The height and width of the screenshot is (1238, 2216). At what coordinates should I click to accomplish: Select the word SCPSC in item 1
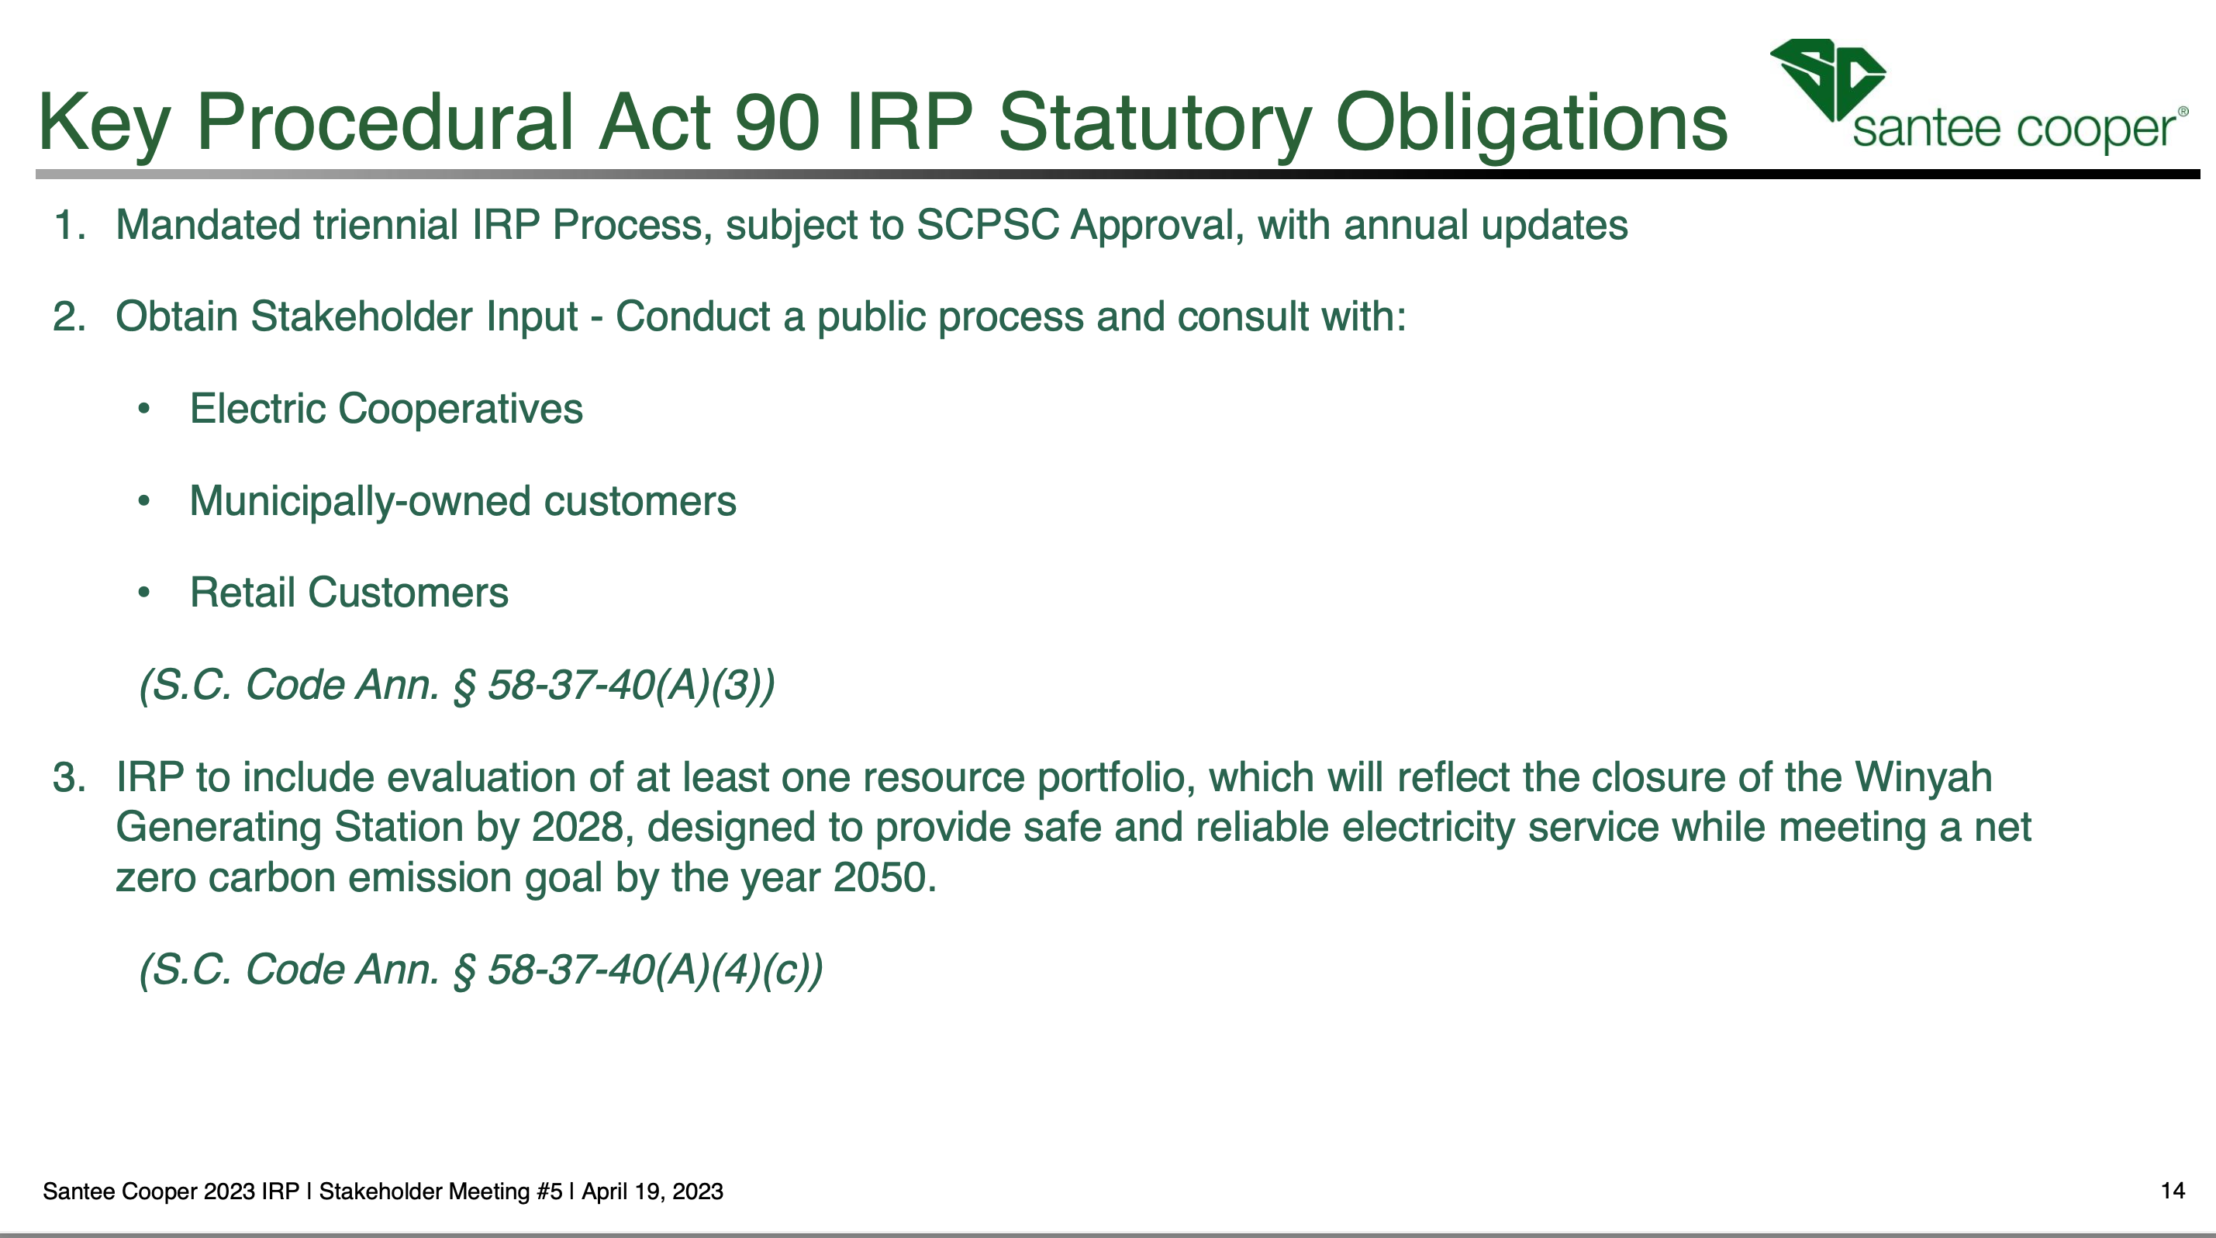(988, 226)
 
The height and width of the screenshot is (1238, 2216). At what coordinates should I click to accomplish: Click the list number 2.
(69, 316)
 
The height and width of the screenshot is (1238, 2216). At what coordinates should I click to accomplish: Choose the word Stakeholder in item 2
(413, 316)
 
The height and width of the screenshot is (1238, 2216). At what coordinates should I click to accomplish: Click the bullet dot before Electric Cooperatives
(143, 410)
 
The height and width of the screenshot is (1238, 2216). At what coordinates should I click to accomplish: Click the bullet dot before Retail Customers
(143, 593)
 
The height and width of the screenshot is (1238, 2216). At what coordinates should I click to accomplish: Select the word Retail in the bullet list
(243, 593)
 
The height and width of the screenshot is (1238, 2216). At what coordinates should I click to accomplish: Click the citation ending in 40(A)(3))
(457, 686)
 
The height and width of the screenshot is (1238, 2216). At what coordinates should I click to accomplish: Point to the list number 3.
(69, 778)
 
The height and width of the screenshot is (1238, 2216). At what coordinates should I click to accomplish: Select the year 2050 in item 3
(879, 878)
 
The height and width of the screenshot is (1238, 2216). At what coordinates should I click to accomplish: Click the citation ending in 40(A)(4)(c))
(481, 970)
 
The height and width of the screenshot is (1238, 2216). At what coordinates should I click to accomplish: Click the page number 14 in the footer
(2172, 1191)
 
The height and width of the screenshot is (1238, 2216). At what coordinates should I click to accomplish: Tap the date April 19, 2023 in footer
(652, 1191)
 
